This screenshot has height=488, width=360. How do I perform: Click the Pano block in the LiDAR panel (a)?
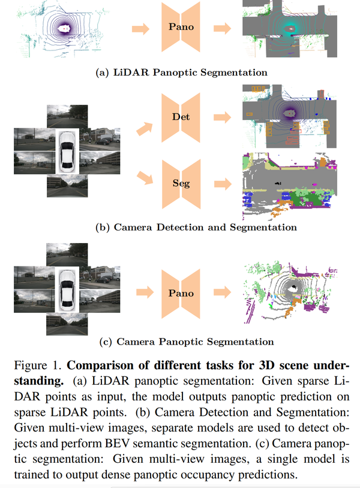coord(181,28)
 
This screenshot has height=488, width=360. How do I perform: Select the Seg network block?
coord(181,183)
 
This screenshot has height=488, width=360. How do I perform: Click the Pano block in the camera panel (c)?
coord(181,293)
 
